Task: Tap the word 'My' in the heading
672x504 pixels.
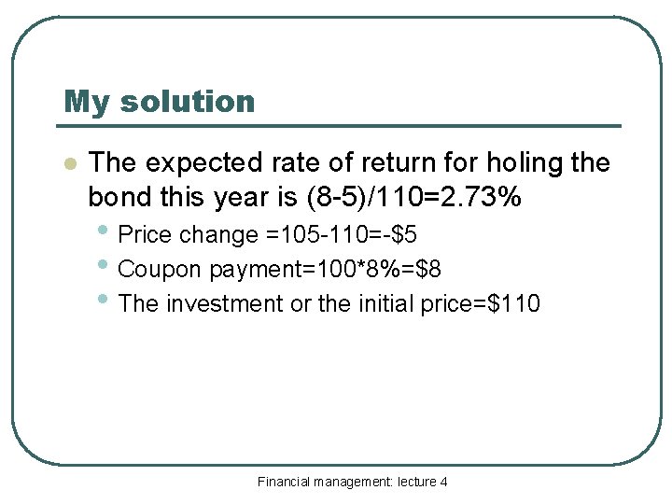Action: (x=86, y=101)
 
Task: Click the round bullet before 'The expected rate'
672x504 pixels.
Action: (x=68, y=164)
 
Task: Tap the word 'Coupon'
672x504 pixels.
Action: (x=161, y=270)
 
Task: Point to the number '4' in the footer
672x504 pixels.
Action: (x=443, y=482)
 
